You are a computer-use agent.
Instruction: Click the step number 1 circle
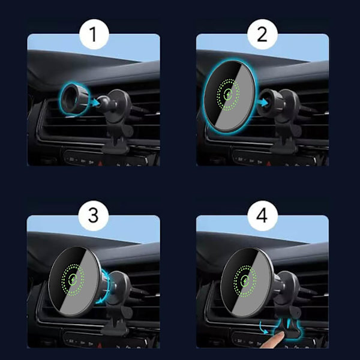94,34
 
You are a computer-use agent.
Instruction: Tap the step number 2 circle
262,34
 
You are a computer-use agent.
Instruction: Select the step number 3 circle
94,215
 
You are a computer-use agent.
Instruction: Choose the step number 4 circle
262,215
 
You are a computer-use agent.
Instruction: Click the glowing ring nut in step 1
74,99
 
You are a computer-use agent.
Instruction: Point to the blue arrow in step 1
95,103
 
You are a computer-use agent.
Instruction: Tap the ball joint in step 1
102,102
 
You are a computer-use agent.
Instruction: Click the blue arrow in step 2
263,103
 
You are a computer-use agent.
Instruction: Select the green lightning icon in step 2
228,94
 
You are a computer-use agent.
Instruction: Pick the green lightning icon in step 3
73,280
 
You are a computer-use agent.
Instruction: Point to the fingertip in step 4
279,336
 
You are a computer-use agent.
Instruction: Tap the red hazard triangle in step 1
100,163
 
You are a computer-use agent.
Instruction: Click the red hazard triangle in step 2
269,163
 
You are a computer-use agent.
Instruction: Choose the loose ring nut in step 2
268,102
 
